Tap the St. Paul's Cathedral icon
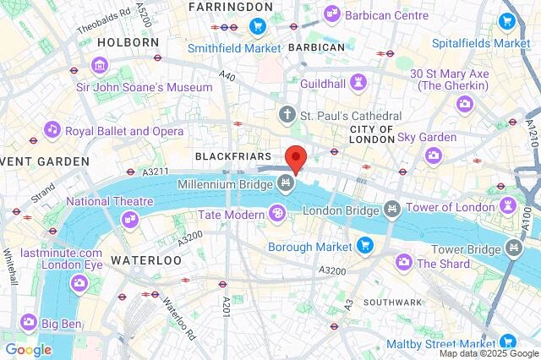287,114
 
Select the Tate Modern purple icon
276,215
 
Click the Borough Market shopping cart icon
365,246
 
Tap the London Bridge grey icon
391,208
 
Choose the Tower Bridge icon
513,248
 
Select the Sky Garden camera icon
433,154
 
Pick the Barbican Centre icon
331,14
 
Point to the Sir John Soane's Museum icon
101,65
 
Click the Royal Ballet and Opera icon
52,130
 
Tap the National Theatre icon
129,218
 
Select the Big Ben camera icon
29,321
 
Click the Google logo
28,349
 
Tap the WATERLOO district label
146,260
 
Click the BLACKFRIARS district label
232,156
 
